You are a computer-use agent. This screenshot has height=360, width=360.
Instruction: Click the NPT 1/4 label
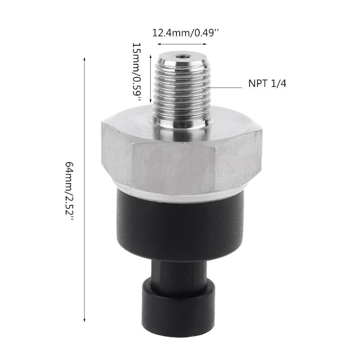tap(267, 84)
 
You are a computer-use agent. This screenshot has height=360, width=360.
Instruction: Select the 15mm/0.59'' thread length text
tap(137, 72)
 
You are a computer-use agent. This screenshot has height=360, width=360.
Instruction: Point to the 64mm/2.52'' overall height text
tap(69, 189)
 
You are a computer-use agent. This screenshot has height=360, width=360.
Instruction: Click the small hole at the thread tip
tap(182, 57)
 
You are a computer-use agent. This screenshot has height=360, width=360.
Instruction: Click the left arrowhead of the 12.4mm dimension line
tap(158, 44)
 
